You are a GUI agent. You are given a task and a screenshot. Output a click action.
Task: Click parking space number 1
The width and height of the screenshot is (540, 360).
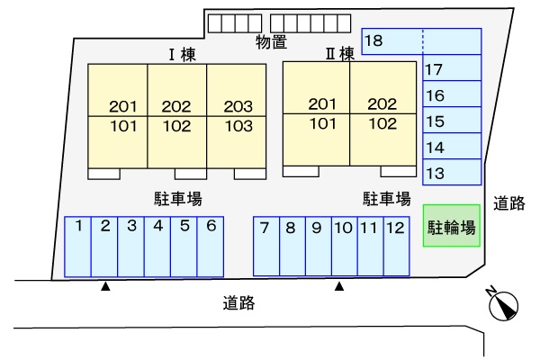coord(78,247)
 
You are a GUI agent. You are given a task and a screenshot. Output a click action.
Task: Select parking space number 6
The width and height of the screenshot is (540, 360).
coord(210,247)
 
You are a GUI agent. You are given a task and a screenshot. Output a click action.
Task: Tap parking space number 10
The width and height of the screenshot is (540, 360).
coord(343,247)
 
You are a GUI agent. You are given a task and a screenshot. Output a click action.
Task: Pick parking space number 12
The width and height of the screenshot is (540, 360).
coord(395,247)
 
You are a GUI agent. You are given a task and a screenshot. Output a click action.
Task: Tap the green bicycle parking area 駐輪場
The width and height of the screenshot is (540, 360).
coord(452,226)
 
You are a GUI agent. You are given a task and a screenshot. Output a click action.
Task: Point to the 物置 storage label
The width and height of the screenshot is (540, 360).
coord(271,40)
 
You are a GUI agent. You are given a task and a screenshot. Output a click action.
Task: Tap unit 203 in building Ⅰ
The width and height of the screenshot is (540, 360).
coord(238,105)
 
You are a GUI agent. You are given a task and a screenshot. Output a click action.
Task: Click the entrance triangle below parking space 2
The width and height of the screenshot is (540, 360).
coord(105,287)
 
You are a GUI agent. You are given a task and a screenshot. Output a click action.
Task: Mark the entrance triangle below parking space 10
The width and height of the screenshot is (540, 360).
coord(339,287)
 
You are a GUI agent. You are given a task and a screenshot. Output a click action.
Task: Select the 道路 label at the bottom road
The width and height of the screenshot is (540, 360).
coord(238,303)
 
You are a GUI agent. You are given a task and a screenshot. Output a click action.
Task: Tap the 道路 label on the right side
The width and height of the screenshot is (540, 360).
coord(509,203)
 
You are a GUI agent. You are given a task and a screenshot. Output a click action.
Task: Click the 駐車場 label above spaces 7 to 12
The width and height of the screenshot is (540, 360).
coord(387,198)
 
